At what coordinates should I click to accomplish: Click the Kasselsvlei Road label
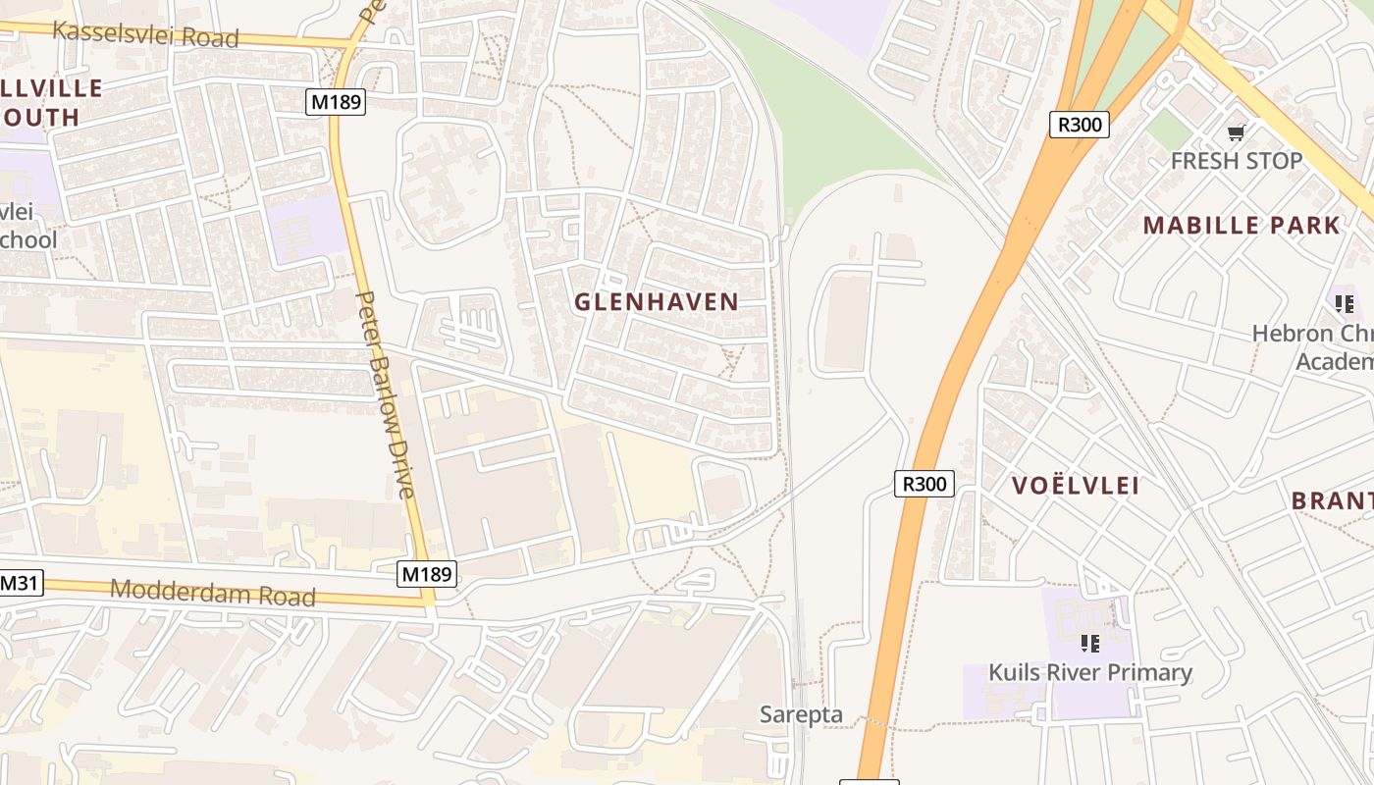[145, 33]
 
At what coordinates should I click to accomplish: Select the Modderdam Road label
[213, 593]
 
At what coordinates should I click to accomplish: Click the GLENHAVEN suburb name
[656, 302]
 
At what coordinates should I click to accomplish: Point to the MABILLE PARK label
[1241, 226]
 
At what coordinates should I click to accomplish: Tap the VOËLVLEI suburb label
[1075, 486]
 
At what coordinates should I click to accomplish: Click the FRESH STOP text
[1236, 161]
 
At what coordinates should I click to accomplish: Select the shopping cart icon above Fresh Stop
[1236, 132]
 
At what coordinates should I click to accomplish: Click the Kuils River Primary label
[1089, 672]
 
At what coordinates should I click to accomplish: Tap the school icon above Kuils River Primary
[1089, 644]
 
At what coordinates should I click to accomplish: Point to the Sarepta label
[801, 714]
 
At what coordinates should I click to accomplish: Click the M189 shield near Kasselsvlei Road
[336, 102]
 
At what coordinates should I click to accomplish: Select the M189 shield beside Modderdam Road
[427, 573]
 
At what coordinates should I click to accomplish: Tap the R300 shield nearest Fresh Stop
[1079, 125]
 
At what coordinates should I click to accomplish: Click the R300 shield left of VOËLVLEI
[924, 483]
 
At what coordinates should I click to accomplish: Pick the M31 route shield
[20, 584]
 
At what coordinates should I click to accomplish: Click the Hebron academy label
[1315, 347]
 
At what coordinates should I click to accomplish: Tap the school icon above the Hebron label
[1344, 304]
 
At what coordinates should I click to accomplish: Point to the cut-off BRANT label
[1332, 500]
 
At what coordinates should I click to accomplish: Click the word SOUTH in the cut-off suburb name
[39, 118]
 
